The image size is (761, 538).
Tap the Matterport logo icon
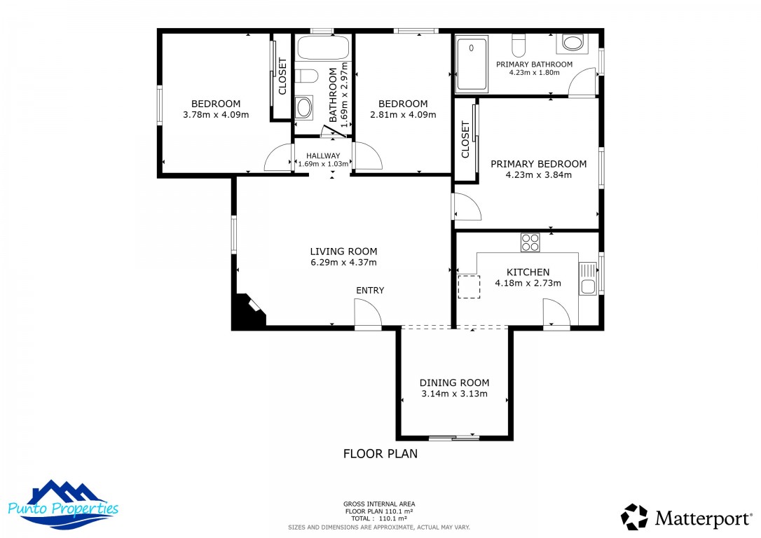coord(634,517)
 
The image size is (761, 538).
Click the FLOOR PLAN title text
coord(380,454)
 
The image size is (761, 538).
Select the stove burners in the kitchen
coord(530,242)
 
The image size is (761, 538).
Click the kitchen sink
coord(588,279)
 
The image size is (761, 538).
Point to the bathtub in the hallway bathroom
coord(323,48)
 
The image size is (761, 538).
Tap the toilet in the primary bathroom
coord(519,45)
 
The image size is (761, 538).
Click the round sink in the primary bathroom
coord(573,43)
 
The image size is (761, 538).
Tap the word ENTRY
coord(370,291)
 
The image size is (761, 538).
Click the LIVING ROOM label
coord(343,251)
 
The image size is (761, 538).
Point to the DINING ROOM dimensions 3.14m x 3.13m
coord(454,394)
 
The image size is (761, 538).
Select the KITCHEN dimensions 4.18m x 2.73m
coord(528,283)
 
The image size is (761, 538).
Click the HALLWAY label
coord(323,156)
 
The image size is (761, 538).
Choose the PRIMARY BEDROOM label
coord(539,164)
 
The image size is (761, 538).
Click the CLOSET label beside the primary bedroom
coord(465,139)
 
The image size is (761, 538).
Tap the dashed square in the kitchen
coord(469,287)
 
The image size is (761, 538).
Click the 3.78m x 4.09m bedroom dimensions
coord(216,115)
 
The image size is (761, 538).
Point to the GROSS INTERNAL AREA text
coord(379,504)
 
